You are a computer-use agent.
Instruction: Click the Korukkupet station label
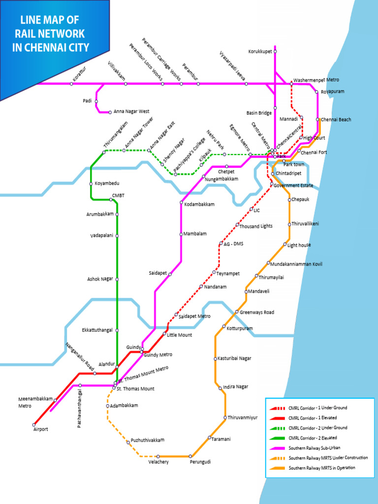(260, 51)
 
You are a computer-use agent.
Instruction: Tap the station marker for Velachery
(158, 456)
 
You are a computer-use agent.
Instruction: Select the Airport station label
(40, 429)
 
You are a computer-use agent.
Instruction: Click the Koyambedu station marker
(91, 184)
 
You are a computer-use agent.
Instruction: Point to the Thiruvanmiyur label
(243, 418)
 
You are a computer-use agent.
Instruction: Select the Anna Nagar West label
(131, 112)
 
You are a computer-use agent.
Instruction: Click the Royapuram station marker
(317, 92)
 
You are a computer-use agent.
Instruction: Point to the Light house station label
(299, 245)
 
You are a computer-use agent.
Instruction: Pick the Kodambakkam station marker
(182, 202)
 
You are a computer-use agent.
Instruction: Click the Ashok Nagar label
(100, 279)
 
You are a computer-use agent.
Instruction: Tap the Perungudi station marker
(190, 456)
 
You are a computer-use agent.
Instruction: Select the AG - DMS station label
(234, 244)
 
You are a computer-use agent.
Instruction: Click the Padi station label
(87, 101)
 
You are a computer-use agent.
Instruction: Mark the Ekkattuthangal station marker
(117, 330)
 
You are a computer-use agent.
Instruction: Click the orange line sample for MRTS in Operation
(277, 468)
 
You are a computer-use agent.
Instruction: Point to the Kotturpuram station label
(240, 328)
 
